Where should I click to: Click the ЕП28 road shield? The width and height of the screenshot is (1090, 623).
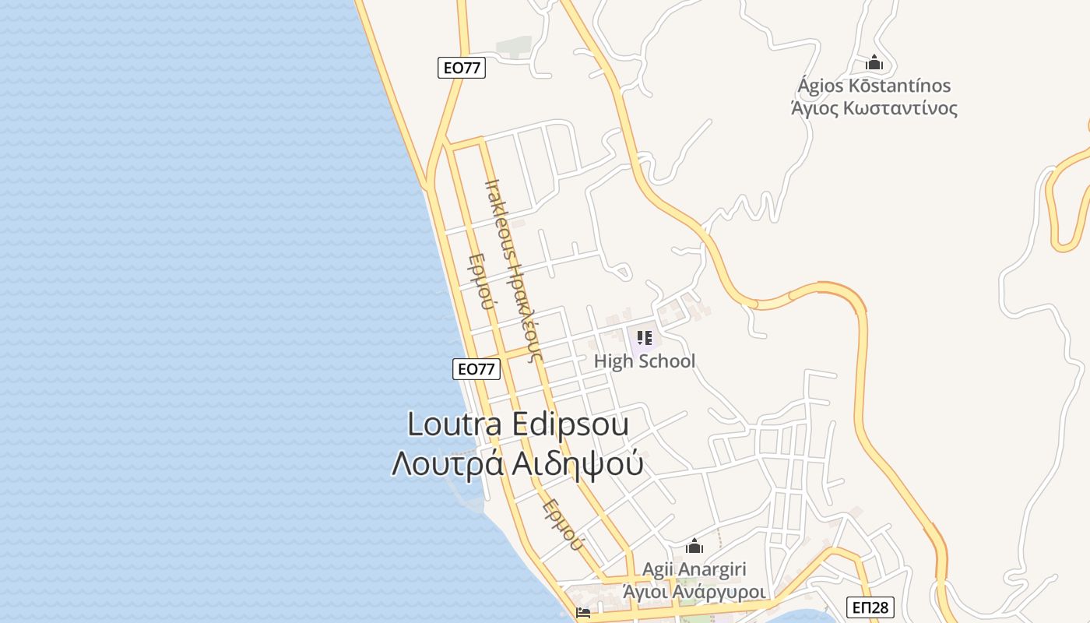click(x=870, y=606)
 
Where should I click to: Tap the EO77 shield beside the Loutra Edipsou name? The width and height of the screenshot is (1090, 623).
click(x=476, y=369)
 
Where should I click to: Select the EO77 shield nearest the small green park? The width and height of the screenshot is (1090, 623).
click(x=461, y=68)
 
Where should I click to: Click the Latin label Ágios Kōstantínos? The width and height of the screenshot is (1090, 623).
click(x=874, y=85)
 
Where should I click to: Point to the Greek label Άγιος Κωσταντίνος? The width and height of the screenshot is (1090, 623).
click(x=874, y=107)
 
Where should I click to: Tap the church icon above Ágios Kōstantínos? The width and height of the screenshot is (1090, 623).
click(x=874, y=62)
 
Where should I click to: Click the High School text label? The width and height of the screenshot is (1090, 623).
click(x=644, y=361)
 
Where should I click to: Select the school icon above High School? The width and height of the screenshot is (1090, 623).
click(x=644, y=338)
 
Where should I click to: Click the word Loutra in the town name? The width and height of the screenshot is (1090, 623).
click(x=455, y=424)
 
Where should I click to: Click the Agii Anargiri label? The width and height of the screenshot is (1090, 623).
click(x=694, y=569)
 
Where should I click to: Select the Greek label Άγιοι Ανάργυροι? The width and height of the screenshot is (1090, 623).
click(x=694, y=591)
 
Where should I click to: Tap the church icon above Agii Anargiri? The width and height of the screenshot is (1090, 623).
click(x=694, y=547)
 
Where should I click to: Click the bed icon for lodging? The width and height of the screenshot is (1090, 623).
click(x=582, y=612)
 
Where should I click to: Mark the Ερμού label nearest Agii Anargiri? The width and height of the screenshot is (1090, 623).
click(x=562, y=524)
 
